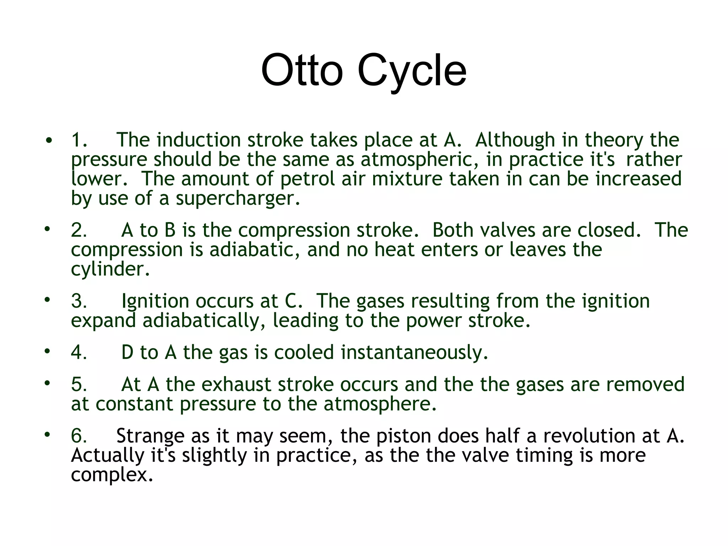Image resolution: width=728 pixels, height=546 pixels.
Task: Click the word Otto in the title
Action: [302, 70]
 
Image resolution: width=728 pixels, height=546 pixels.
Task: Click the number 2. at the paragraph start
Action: [79, 230]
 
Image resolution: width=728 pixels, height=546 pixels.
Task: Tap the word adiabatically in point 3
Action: [204, 321]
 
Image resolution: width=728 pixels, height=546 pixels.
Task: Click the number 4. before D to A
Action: [79, 353]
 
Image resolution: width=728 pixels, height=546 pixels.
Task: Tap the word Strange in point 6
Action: [150, 436]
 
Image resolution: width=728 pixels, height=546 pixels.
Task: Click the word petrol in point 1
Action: [307, 179]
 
